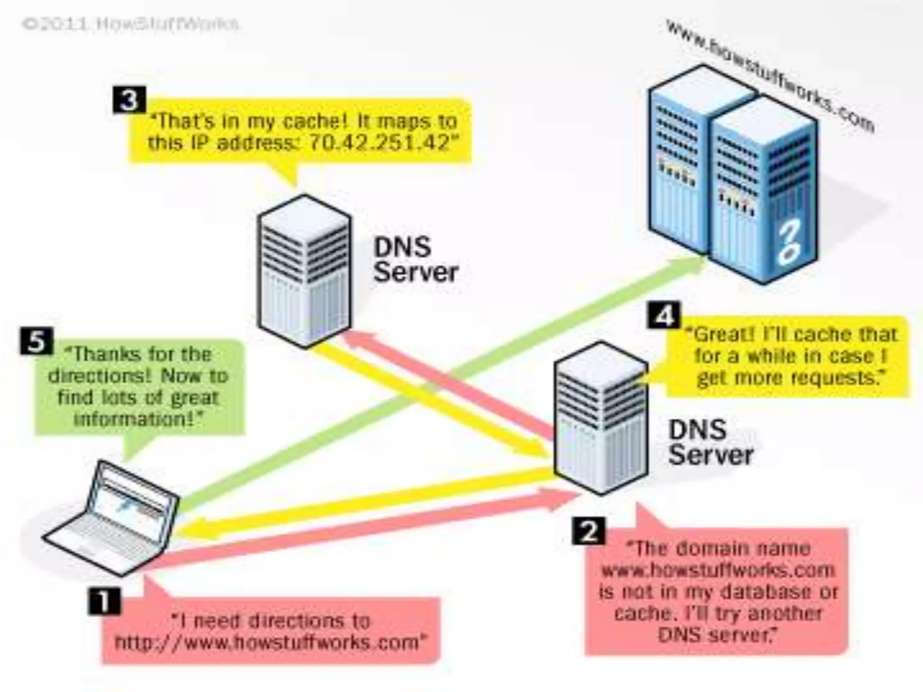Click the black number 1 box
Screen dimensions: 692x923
[104, 601]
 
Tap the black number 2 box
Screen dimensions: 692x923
[589, 532]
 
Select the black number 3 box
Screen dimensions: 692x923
[129, 100]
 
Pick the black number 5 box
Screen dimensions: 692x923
[37, 341]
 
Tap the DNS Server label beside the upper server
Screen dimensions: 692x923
[415, 260]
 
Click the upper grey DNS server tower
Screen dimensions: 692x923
[305, 270]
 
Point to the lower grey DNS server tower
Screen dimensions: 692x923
[601, 419]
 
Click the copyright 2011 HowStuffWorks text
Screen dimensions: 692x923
[131, 23]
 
